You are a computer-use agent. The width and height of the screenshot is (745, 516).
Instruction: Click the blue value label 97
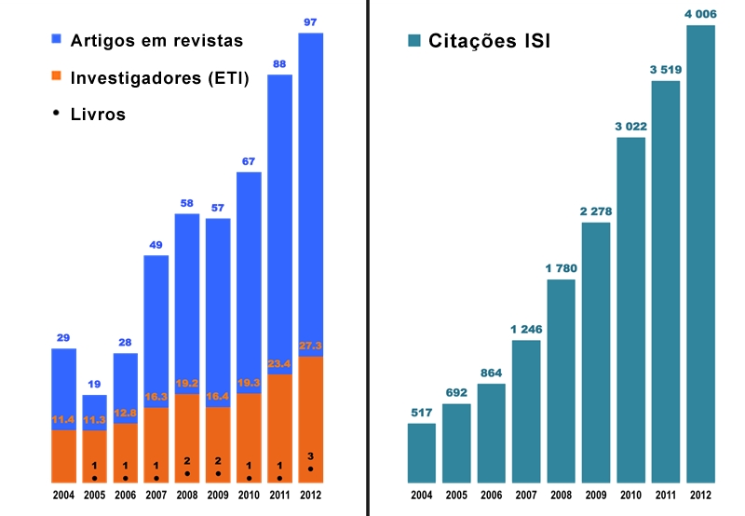311,21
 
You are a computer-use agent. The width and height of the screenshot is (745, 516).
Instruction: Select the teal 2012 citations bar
700,251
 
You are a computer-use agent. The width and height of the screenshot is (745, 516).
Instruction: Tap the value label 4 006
700,13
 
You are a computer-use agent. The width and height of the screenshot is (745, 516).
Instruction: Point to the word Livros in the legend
98,115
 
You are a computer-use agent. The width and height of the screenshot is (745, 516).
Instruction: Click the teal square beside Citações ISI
414,41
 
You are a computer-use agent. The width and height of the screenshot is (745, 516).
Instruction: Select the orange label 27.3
311,346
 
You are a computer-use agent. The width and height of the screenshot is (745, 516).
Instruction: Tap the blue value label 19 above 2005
94,384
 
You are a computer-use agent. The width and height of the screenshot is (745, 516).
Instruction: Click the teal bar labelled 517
422,453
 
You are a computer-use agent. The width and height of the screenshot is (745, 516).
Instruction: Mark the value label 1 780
562,269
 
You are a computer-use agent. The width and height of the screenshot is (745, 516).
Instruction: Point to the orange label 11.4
63,420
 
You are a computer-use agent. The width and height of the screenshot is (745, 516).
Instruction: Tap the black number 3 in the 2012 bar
311,455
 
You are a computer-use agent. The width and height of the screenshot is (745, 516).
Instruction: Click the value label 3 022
631,127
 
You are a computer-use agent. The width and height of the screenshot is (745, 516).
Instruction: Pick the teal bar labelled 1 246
526,411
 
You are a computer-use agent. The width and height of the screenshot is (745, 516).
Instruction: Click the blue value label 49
156,245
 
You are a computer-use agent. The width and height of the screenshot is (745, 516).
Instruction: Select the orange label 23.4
280,363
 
